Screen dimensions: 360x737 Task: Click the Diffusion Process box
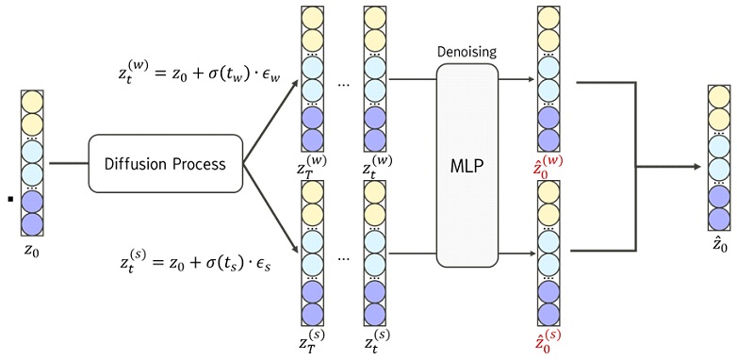click(165, 164)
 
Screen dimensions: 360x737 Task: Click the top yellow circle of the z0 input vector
click(31, 102)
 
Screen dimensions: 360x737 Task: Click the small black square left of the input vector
click(8, 199)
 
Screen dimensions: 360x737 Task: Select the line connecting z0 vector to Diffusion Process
click(68, 164)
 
